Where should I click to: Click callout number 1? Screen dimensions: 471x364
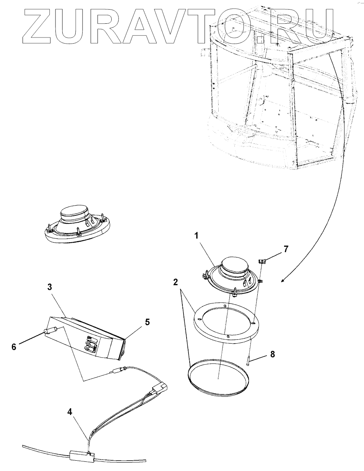tap(196, 236)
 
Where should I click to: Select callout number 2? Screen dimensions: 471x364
tap(175, 282)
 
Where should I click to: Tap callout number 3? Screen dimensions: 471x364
tap(50, 287)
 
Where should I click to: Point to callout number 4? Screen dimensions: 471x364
tap(70, 412)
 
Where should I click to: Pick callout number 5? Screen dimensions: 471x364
tap(147, 322)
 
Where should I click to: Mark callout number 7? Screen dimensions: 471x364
tap(286, 249)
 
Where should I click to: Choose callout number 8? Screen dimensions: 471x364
tap(272, 355)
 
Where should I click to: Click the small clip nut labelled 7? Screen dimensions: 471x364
tap(262, 262)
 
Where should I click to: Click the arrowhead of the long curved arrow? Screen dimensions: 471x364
tap(283, 281)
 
